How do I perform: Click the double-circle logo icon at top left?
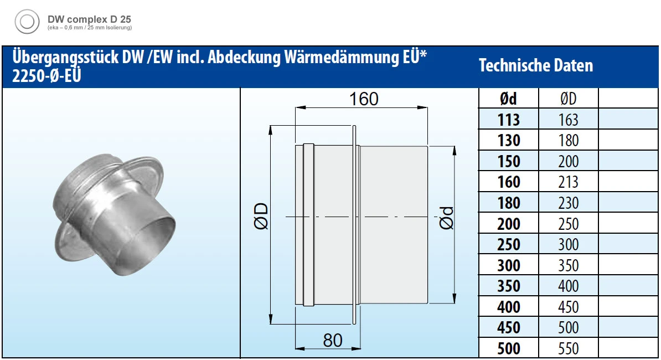click(27, 22)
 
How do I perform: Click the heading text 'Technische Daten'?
click(536, 65)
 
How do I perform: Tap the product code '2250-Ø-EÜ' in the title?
click(47, 76)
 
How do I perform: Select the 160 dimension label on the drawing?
click(364, 99)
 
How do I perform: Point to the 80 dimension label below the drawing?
click(333, 340)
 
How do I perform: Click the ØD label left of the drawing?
click(261, 216)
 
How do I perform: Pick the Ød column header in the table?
click(508, 99)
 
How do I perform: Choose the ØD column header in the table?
click(568, 99)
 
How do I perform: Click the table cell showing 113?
click(508, 120)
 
